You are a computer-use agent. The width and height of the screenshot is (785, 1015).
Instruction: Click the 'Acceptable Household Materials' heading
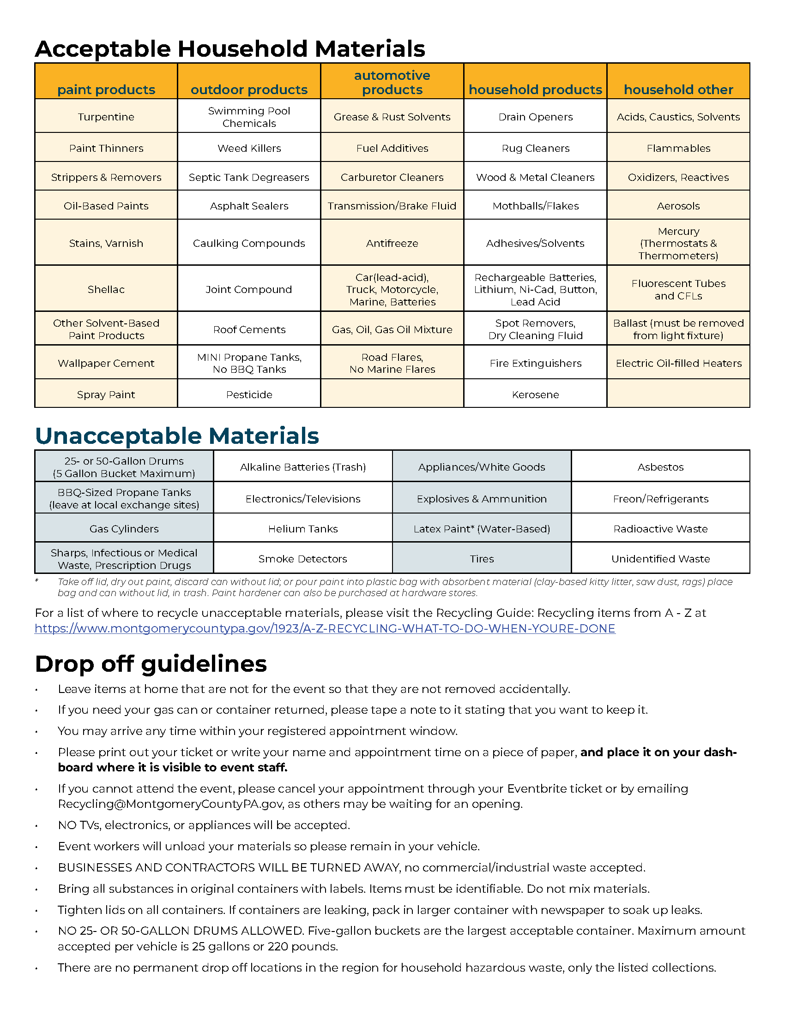(x=230, y=49)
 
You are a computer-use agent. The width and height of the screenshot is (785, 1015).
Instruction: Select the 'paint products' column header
(x=106, y=89)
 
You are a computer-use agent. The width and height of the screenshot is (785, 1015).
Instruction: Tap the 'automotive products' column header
(x=392, y=82)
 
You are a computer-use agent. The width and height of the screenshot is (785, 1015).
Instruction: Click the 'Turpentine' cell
(x=106, y=117)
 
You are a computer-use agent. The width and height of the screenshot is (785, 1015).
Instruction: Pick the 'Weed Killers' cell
(x=249, y=148)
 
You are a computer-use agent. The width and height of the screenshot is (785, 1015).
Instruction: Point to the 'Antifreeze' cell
(x=392, y=243)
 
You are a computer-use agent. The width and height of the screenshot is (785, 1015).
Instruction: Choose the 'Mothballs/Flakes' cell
(x=535, y=206)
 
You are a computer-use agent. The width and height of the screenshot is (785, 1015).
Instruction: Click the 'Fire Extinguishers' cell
(x=535, y=363)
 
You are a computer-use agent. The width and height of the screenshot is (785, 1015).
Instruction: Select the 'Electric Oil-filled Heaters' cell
(x=678, y=363)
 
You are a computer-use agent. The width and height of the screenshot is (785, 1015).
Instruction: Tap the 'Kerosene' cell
(x=535, y=394)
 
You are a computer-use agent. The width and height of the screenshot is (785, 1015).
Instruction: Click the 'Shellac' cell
(x=106, y=289)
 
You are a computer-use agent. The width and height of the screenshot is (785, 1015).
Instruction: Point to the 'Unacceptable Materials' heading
(x=177, y=436)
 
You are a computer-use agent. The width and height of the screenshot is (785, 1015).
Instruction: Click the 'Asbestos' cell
(x=660, y=467)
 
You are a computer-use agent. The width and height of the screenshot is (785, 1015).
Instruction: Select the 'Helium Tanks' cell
(x=303, y=529)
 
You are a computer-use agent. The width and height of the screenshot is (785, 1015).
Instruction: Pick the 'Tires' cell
(x=482, y=559)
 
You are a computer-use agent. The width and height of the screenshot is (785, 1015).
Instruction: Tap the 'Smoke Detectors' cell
(x=303, y=559)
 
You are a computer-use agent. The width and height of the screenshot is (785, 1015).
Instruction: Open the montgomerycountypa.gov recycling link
(x=325, y=628)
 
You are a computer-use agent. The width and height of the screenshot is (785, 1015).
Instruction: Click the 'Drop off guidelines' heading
(x=151, y=663)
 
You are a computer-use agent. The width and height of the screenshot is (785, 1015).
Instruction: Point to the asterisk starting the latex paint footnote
(x=37, y=581)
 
